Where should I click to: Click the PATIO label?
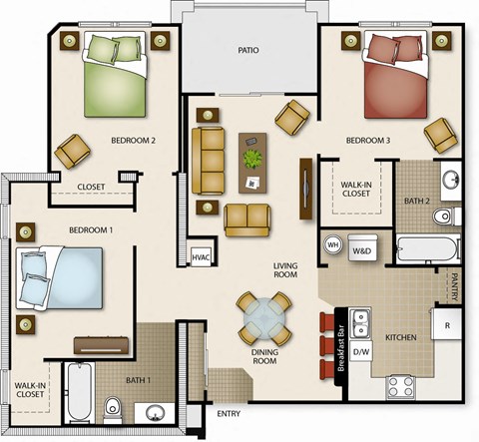248,49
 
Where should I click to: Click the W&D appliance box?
361,250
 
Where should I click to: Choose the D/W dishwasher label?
361,351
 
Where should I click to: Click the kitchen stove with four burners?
401,385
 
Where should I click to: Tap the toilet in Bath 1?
114,407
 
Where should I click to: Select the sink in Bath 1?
155,412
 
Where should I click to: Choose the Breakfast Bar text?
341,348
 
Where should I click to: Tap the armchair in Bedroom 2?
73,151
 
